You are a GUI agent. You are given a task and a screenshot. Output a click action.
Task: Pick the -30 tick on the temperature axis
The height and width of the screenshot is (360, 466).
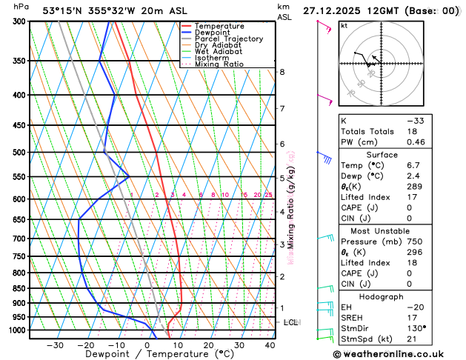coord(55,345)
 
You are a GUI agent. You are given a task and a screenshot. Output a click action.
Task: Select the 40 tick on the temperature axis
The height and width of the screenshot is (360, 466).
coord(270,345)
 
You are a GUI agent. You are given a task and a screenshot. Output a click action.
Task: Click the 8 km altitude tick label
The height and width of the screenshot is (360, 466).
coord(282,72)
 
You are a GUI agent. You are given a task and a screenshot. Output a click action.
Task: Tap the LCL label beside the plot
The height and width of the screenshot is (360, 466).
coord(290,322)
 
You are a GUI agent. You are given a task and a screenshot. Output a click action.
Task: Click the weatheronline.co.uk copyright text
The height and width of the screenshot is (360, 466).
coord(398,353)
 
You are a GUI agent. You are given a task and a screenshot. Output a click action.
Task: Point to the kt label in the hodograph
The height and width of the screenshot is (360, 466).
coord(344,25)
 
